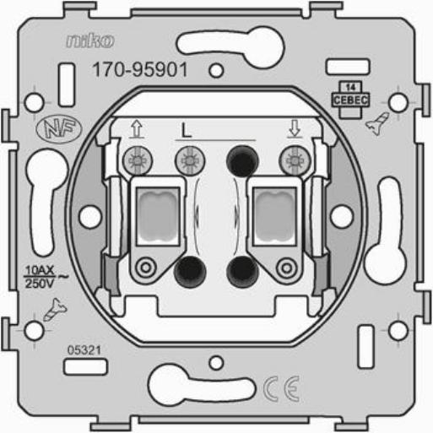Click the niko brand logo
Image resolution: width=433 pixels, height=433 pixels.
pyautogui.click(x=90, y=41)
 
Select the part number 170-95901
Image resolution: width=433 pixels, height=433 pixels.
pyautogui.click(x=140, y=70)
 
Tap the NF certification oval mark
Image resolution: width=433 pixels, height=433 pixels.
pyautogui.click(x=59, y=129)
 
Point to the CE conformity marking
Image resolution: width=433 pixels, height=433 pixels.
pyautogui.click(x=282, y=389)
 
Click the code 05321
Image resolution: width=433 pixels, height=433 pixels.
pyautogui.click(x=84, y=350)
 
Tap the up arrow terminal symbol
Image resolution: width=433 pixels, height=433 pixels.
pyautogui.click(x=137, y=129)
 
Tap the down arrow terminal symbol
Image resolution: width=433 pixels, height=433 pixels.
pyautogui.click(x=295, y=128)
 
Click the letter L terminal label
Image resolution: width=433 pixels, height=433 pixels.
pyautogui.click(x=186, y=131)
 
